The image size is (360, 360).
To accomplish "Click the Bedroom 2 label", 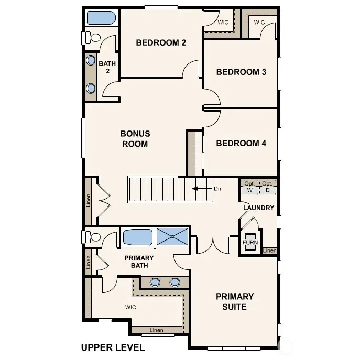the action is (161, 42).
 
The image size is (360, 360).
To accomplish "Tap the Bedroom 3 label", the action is (241, 72).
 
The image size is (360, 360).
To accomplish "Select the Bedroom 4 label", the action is (241, 143).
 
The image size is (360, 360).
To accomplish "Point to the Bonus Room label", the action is (135, 139).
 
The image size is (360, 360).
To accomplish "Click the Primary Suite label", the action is (235, 301).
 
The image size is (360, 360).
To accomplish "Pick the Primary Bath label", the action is (139, 261).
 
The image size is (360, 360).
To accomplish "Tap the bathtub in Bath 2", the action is (101, 18).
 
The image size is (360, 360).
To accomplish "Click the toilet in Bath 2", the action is (93, 37).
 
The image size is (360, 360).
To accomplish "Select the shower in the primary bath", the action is (172, 236).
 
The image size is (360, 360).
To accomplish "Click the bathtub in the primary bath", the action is (138, 237).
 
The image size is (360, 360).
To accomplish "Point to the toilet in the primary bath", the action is (93, 237).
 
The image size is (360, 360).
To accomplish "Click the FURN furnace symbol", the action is (250, 242).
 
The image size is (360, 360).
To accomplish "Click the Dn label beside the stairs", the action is (217, 189).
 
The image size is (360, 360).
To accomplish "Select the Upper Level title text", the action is (113, 347).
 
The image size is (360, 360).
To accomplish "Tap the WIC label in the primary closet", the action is (130, 307).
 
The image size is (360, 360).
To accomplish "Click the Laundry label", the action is (259, 208).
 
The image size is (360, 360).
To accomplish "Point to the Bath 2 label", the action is (107, 67).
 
